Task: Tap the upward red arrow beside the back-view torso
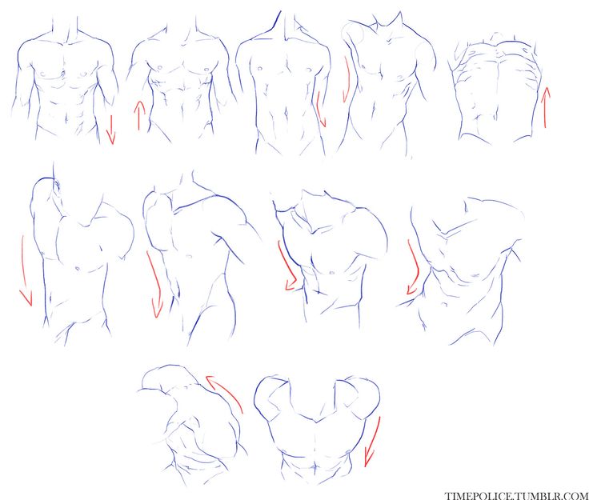point(546,107)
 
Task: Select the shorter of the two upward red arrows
point(139,116)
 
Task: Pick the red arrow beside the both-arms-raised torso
point(373,442)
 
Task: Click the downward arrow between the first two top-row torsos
point(110,130)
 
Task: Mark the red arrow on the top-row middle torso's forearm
point(321,110)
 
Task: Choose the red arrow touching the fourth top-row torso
point(346,79)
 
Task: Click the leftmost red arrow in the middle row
point(24,270)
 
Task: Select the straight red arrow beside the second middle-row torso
point(154,285)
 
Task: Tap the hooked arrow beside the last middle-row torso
point(415,267)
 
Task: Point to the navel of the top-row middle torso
point(286,112)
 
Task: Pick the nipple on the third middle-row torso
point(332,272)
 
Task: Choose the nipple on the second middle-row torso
point(190,256)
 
